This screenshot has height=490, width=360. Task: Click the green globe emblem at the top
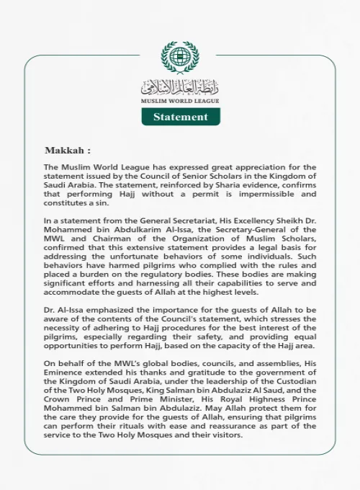pyautogui.click(x=180, y=58)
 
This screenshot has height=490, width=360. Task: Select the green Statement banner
pyautogui.click(x=180, y=117)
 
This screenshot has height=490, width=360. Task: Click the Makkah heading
pyautogui.click(x=68, y=151)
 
